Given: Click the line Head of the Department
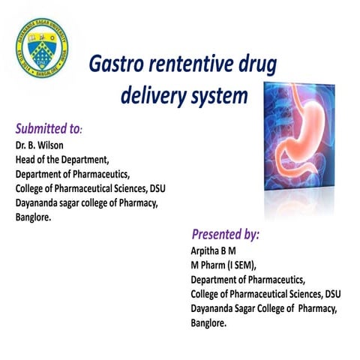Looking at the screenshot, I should click(63, 160).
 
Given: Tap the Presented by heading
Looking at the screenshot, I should click(225, 234).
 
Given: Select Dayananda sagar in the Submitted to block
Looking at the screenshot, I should click(49, 202).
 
